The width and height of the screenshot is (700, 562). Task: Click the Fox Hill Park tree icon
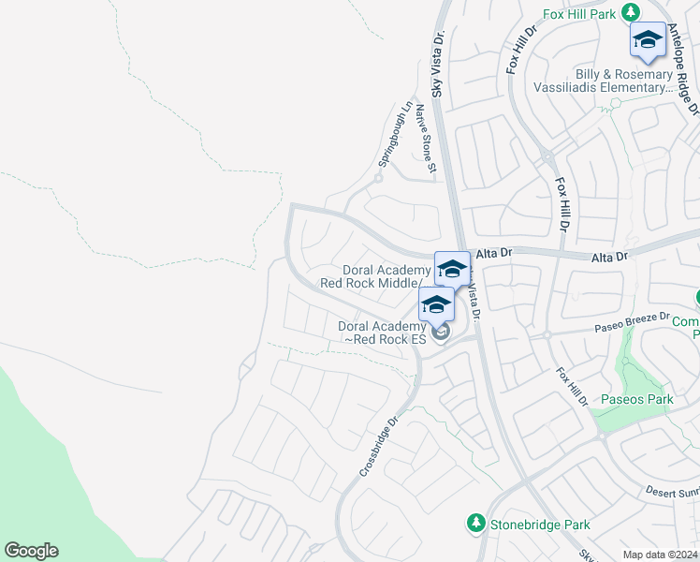(x=632, y=12)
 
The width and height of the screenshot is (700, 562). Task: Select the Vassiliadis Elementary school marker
(x=647, y=40)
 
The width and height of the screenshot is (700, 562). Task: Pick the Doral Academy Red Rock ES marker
(x=436, y=305)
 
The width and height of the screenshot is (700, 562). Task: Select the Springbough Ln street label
(x=394, y=136)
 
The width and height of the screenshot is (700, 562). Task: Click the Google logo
(x=31, y=551)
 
